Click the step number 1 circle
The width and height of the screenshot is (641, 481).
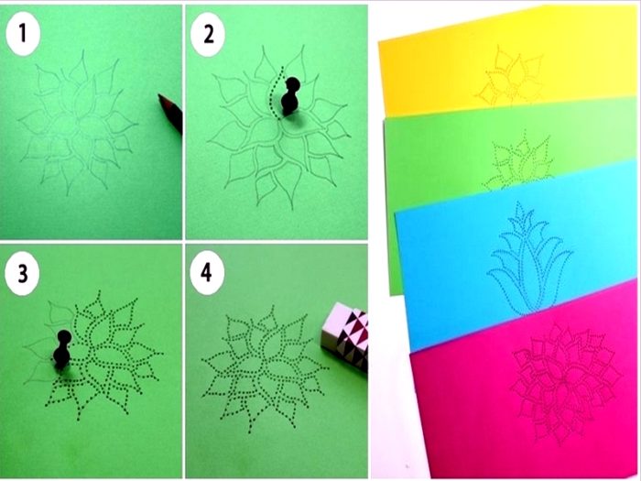(23, 34)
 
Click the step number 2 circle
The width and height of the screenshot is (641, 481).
(208, 35)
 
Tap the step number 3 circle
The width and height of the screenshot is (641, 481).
(23, 273)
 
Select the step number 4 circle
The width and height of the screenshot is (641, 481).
(207, 272)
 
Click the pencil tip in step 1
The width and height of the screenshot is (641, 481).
(160, 97)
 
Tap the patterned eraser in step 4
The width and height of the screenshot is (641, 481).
(345, 335)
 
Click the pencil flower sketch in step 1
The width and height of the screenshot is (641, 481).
(78, 122)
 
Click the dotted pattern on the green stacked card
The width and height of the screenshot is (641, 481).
(520, 164)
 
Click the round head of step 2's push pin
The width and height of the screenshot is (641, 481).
(293, 84)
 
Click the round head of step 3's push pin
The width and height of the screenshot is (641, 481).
(64, 337)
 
